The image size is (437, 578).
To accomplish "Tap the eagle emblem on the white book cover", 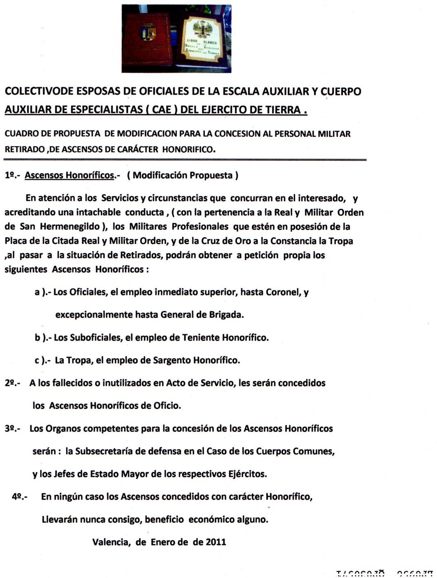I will [x=202, y=28].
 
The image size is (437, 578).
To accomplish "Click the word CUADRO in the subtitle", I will [x=21, y=134].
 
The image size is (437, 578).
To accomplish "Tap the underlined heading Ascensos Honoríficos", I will [x=69, y=175].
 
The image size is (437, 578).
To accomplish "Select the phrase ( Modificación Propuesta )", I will [x=183, y=175].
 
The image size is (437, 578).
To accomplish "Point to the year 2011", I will [x=216, y=542].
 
